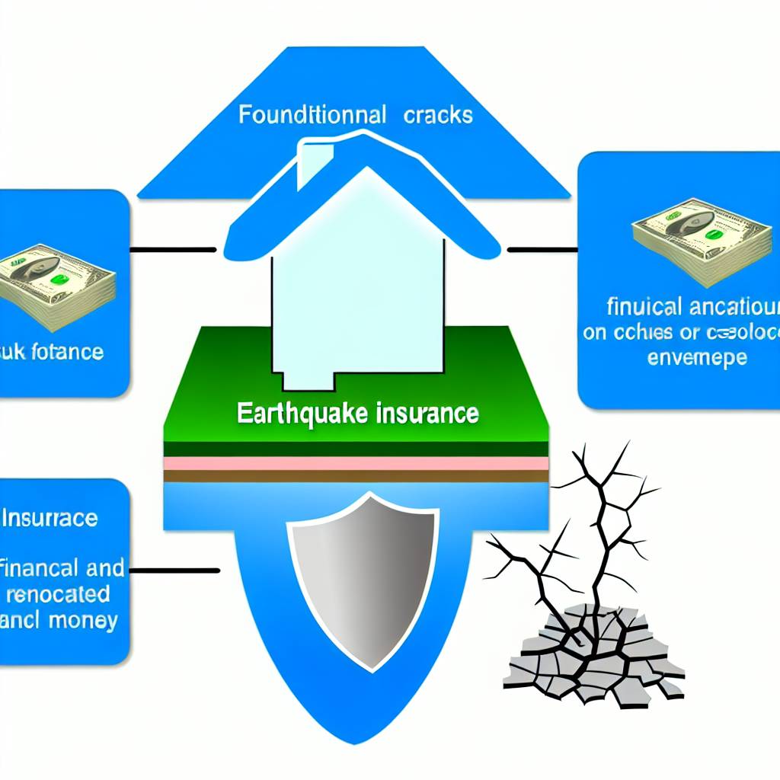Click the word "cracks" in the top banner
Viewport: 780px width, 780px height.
[x=438, y=115]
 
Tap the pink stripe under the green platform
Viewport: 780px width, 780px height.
[x=356, y=464]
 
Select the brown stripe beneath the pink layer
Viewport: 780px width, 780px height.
[x=356, y=476]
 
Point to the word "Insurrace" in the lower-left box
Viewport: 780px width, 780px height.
[x=51, y=519]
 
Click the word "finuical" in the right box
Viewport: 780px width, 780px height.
[x=644, y=308]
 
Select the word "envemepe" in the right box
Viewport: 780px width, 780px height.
[x=697, y=356]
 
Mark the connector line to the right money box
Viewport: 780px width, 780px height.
[x=542, y=249]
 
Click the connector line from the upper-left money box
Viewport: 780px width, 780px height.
[x=173, y=249]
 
